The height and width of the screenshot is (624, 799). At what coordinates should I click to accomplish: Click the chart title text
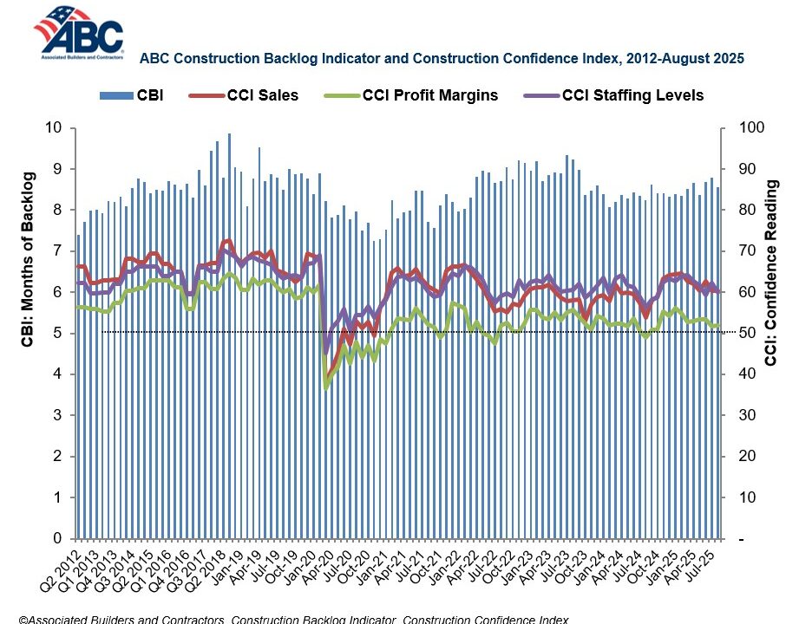click(442, 59)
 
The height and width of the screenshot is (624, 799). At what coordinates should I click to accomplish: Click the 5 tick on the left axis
click(56, 334)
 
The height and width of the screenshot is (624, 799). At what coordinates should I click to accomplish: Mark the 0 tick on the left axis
click(56, 539)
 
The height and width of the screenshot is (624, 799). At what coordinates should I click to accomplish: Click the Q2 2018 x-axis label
click(215, 567)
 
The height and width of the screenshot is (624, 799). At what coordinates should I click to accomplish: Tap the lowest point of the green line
click(326, 387)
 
